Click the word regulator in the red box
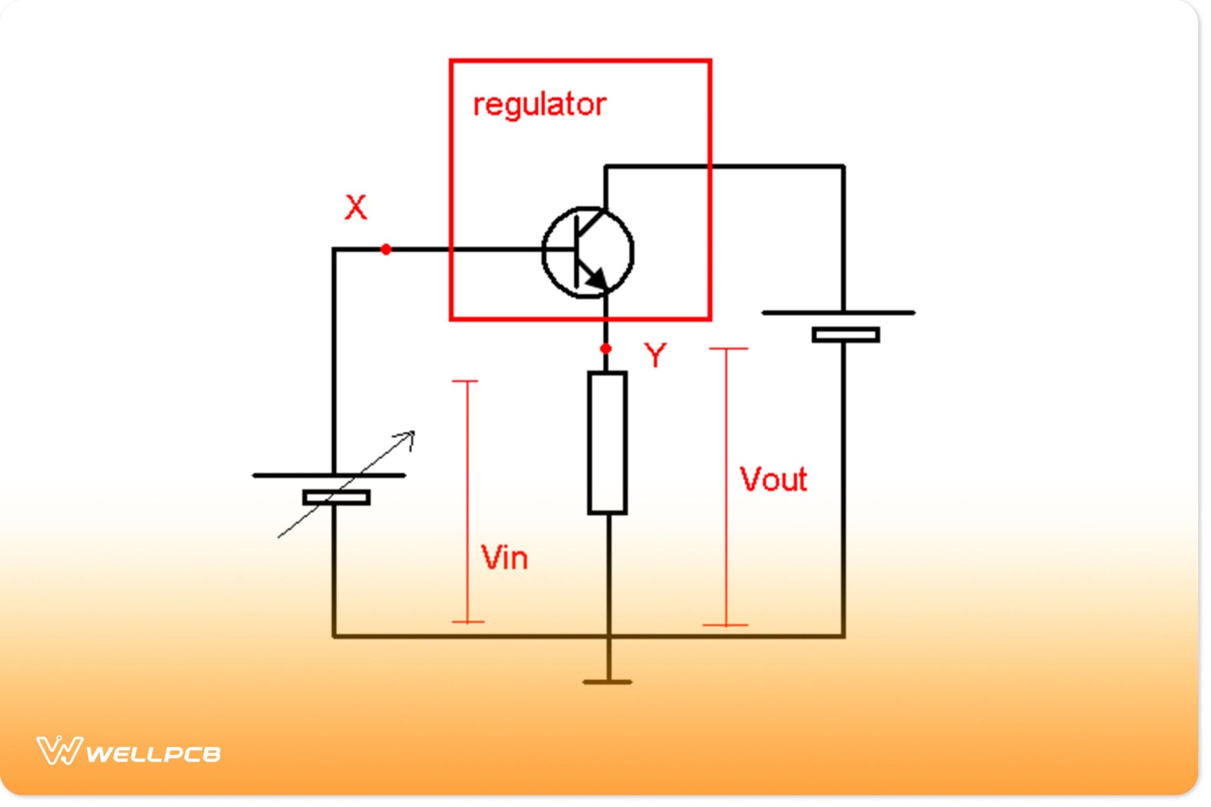(x=539, y=105)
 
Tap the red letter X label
(x=356, y=207)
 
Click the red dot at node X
(x=386, y=249)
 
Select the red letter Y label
(x=655, y=355)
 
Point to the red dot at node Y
(x=605, y=349)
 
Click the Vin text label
(x=504, y=558)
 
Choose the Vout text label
(x=773, y=479)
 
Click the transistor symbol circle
(x=588, y=252)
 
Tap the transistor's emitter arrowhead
(x=596, y=278)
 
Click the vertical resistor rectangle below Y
(x=607, y=443)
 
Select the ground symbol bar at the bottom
(x=607, y=682)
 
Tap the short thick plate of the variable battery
(x=336, y=498)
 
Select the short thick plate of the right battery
(x=846, y=335)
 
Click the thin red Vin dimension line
(x=468, y=501)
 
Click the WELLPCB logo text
(x=153, y=754)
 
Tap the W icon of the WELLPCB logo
(x=59, y=751)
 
